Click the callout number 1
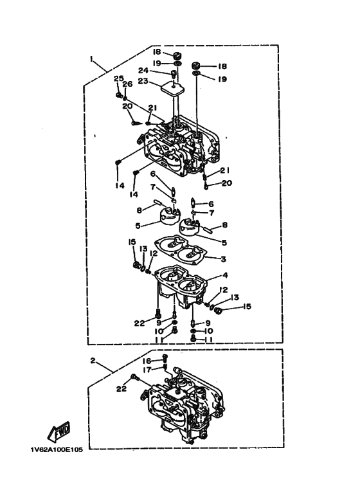pyautogui.click(x=91, y=59)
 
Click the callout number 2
pyautogui.click(x=93, y=361)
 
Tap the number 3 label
pyautogui.click(x=224, y=259)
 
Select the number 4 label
pyautogui.click(x=225, y=275)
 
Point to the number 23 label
pyautogui.click(x=143, y=81)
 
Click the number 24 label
pyautogui.click(x=143, y=70)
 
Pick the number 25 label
pyautogui.click(x=118, y=78)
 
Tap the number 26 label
pyautogui.click(x=127, y=84)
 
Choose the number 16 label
pyautogui.click(x=147, y=361)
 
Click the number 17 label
pyautogui.click(x=147, y=369)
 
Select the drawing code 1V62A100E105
pyautogui.click(x=57, y=450)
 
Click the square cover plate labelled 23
pyautogui.click(x=172, y=86)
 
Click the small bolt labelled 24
pyautogui.click(x=174, y=74)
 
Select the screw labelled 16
pyautogui.click(x=165, y=357)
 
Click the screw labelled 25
pyautogui.click(x=119, y=95)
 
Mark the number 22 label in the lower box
pyautogui.click(x=121, y=388)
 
